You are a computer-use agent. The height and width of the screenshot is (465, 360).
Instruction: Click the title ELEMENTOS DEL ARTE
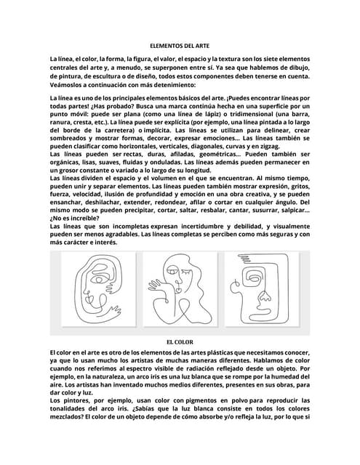[x=180, y=45]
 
